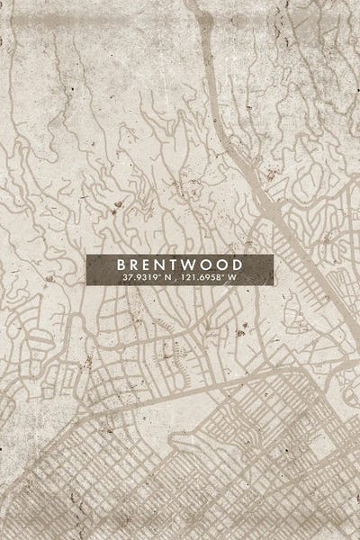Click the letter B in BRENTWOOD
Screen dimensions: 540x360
point(121,265)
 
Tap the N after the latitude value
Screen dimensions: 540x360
point(168,278)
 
